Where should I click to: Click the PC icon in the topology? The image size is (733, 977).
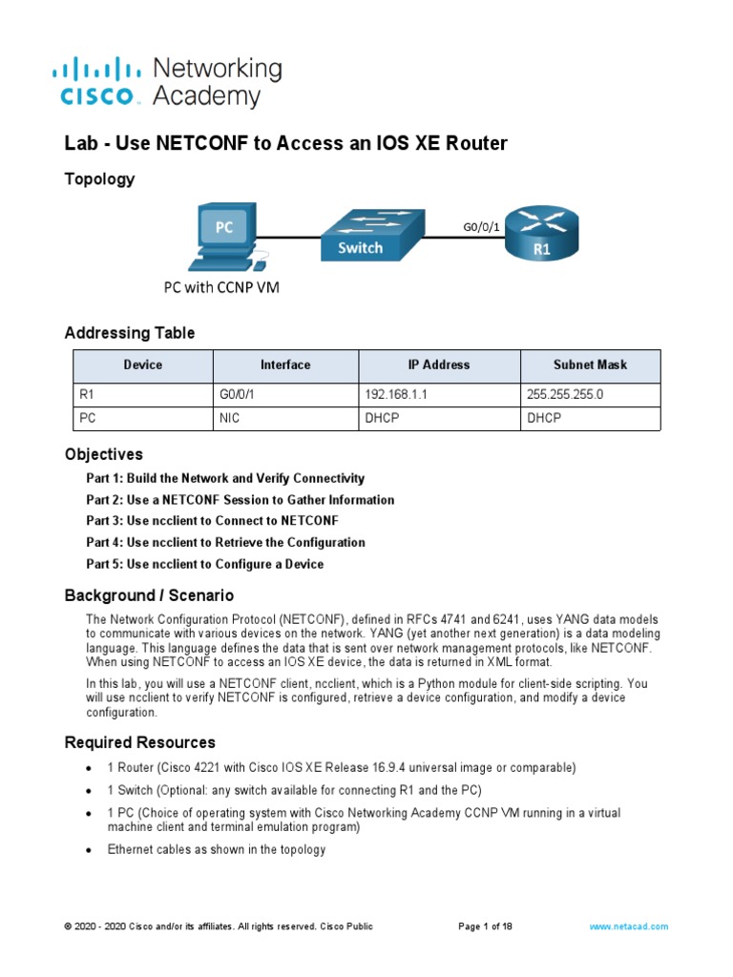[x=225, y=236]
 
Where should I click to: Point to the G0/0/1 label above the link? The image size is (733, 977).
[x=482, y=227]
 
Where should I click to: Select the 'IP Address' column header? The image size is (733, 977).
[x=438, y=364]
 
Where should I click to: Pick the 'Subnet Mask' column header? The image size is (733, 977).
[x=589, y=364]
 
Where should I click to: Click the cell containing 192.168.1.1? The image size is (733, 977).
[x=398, y=393]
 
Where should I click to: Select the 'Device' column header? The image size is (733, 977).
[x=143, y=364]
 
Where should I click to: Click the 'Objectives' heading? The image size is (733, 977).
[x=103, y=454]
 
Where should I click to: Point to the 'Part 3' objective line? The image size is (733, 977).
[x=212, y=521]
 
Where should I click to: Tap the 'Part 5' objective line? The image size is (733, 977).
[x=204, y=564]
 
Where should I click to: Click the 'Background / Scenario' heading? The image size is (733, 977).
[x=149, y=595]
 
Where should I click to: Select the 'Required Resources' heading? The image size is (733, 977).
[x=139, y=742]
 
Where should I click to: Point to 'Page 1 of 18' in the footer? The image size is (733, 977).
[x=486, y=926]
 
